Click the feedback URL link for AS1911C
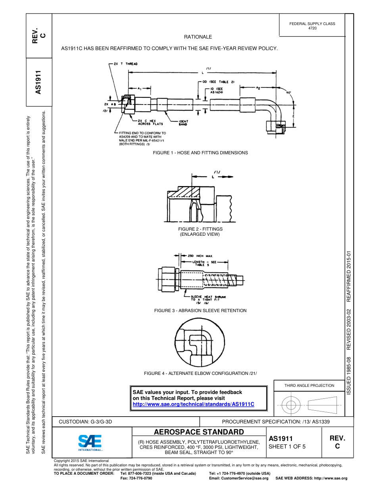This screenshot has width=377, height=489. [x=193, y=404]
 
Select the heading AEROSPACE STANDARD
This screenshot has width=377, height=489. [x=199, y=432]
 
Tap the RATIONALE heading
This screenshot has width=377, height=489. [x=198, y=37]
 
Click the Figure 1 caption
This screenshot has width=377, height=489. [x=201, y=153]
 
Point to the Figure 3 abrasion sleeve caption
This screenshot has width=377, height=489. [x=200, y=310]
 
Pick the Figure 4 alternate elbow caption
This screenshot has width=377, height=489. [x=200, y=373]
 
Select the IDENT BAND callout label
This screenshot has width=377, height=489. [x=184, y=123]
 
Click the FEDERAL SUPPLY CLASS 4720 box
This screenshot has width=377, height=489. [x=312, y=26]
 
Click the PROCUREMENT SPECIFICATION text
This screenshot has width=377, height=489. [x=275, y=421]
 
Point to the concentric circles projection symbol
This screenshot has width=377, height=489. [x=291, y=406]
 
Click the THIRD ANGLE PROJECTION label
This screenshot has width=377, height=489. [x=309, y=385]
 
